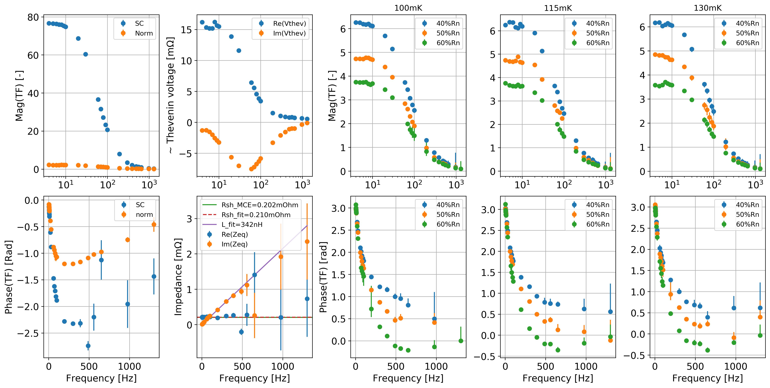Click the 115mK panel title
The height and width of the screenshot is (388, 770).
tap(558, 8)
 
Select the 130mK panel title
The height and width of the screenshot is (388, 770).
tap(708, 8)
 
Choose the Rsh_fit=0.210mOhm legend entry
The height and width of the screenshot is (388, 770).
tap(255, 215)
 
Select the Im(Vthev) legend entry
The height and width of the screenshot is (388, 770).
tap(289, 33)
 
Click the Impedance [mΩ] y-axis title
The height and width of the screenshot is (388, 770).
tap(178, 277)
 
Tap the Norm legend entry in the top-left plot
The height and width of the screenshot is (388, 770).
tap(144, 33)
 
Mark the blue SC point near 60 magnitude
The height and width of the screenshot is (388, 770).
tap(86, 54)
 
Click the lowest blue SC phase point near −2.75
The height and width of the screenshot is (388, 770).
tap(88, 346)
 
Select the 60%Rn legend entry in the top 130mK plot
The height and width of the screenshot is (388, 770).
tap(747, 43)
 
